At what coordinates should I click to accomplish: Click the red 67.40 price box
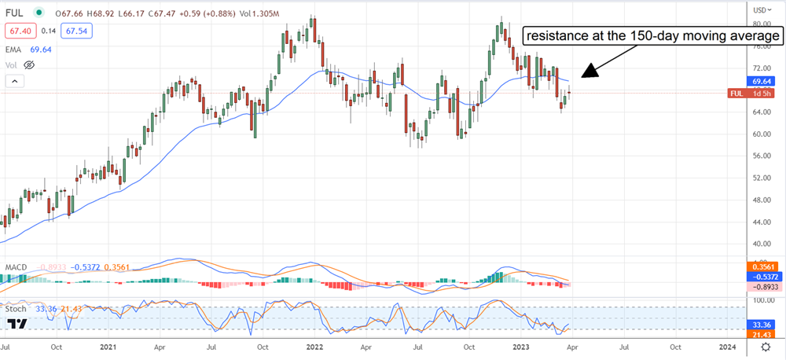19,29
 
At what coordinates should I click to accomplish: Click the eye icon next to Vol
31,64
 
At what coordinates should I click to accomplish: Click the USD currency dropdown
759,9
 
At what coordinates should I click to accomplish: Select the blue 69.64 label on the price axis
759,81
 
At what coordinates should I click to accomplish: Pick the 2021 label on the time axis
108,345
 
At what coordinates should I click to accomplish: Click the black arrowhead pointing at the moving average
592,73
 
